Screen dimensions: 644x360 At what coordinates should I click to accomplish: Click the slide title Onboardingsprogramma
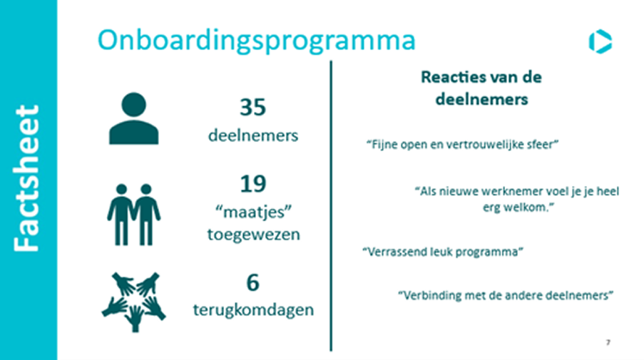click(256, 41)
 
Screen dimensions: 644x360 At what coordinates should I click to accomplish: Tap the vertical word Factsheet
click(26, 178)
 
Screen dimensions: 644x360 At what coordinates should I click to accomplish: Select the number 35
click(252, 107)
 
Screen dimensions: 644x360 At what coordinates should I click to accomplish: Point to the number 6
click(252, 282)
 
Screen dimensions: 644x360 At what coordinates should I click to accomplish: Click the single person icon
click(133, 118)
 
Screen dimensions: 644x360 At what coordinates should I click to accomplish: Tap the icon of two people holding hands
click(134, 215)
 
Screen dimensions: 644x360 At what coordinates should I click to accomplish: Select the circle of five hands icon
click(134, 302)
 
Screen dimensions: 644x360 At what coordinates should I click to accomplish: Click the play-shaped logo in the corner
click(600, 41)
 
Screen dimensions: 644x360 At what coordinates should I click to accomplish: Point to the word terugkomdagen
click(253, 309)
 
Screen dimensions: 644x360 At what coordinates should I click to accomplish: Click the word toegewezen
click(253, 235)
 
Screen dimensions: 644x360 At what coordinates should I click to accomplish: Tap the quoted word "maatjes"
click(253, 212)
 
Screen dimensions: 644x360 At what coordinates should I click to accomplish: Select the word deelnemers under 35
click(253, 135)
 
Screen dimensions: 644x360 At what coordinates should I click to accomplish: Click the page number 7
click(608, 342)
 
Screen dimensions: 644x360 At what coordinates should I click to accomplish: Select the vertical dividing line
click(331, 206)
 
